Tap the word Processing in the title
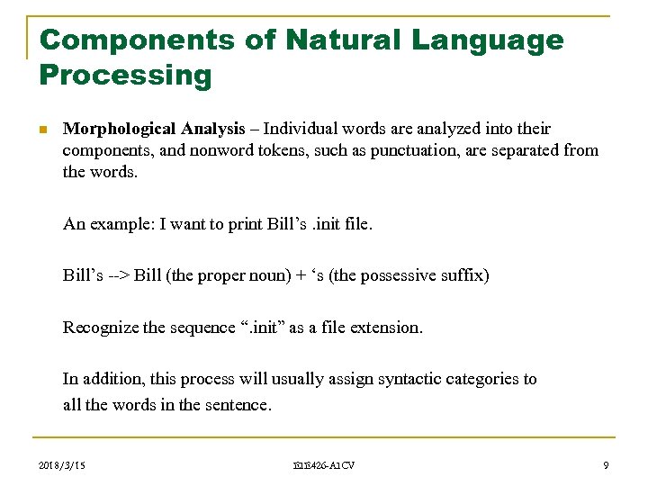126,76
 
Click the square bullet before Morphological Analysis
43,130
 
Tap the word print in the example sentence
241,224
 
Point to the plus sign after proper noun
299,275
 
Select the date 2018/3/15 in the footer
65,465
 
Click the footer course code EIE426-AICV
324,465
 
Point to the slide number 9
606,465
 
